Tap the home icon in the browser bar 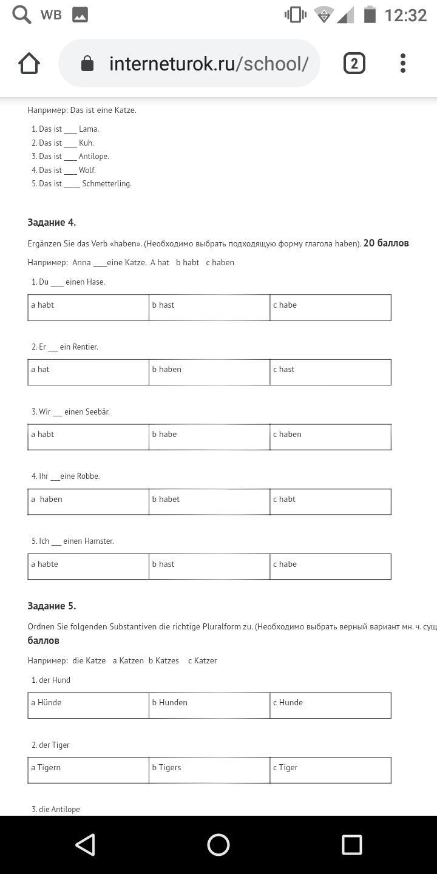[x=29, y=63]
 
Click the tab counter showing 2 [x=354, y=63]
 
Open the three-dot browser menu [x=403, y=63]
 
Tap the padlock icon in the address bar [x=87, y=63]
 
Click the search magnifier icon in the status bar [x=22, y=15]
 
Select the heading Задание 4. [x=52, y=222]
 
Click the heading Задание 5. [x=52, y=606]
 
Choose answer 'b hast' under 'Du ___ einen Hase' [x=209, y=307]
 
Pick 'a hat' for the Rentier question [x=88, y=371]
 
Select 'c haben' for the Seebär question [x=330, y=436]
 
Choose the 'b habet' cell [x=209, y=501]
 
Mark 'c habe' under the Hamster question [x=330, y=566]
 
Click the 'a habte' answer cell [x=88, y=566]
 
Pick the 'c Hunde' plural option [x=330, y=705]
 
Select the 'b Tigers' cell [x=209, y=770]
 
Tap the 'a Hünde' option [x=88, y=705]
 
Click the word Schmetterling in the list [x=107, y=183]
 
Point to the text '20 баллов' [x=386, y=243]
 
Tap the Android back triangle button [x=85, y=844]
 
